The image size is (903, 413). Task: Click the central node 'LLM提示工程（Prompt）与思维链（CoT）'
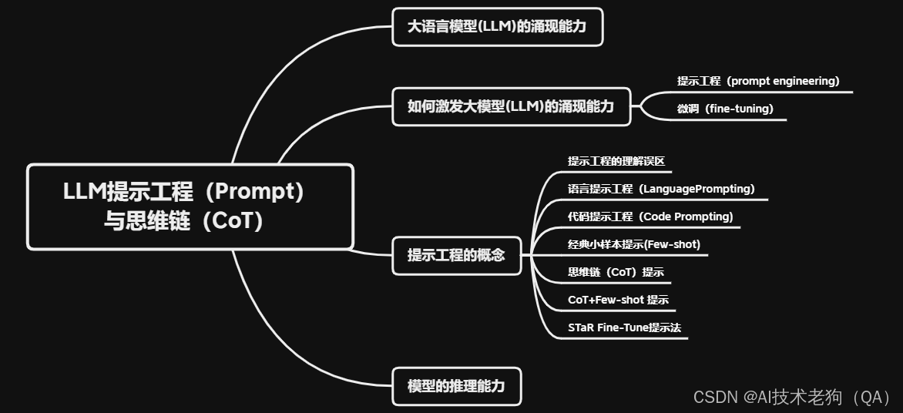coord(190,206)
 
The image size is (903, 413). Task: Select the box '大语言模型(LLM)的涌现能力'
coord(496,27)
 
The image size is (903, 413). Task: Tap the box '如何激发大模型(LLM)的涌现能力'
coord(511,106)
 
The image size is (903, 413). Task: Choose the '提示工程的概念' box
coord(456,255)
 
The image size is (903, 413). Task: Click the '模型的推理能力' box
coord(456,386)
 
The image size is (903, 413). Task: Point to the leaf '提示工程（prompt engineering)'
coord(758,81)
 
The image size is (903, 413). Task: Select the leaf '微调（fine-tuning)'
coord(725,109)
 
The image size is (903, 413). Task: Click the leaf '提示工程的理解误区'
coord(616,161)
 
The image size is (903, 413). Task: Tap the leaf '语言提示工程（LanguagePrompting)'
coord(661,189)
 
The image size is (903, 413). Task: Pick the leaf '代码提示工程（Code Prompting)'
coord(650,217)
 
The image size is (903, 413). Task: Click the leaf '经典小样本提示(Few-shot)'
coord(634,244)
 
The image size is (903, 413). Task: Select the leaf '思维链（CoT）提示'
coord(616,272)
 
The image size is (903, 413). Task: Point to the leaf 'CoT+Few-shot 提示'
coord(618,300)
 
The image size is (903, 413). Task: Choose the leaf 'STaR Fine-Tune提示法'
coord(624,327)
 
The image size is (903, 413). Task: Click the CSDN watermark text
coord(792,397)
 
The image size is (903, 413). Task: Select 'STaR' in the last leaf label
coord(581,327)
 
